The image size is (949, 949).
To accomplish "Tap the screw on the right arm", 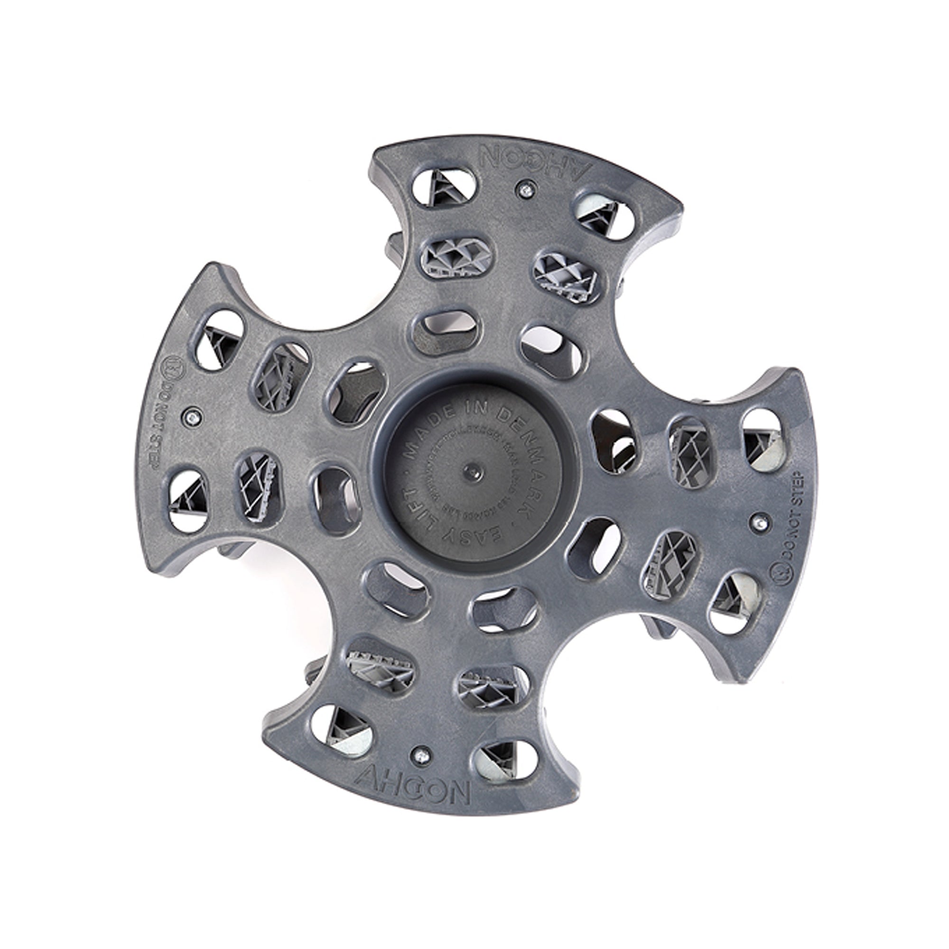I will [760, 522].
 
